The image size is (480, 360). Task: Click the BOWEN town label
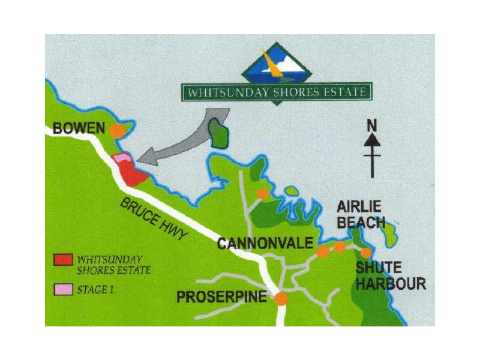[x=79, y=128]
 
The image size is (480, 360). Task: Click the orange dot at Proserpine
[x=281, y=299]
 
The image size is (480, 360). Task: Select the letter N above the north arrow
[x=372, y=126]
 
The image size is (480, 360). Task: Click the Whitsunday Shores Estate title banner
[x=276, y=93]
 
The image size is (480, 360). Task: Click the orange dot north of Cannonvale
[x=262, y=193]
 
